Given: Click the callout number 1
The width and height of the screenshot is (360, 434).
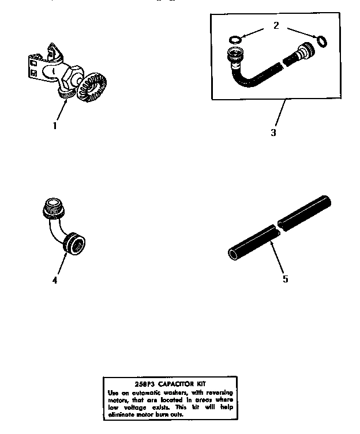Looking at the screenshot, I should (x=55, y=125).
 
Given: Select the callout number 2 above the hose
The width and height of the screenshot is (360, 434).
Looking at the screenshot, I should (x=276, y=26).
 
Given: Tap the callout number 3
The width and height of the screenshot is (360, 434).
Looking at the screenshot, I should (x=273, y=133).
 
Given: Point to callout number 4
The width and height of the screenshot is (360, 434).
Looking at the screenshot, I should (x=55, y=281).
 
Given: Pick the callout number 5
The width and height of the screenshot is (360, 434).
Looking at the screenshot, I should (x=285, y=279).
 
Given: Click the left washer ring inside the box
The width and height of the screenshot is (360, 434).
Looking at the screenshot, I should (x=234, y=40).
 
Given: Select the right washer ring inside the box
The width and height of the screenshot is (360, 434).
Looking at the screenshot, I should (x=322, y=41).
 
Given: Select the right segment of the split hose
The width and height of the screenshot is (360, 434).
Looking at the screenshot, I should (x=305, y=212).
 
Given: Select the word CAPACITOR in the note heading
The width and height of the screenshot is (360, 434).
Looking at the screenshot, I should (x=171, y=384).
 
